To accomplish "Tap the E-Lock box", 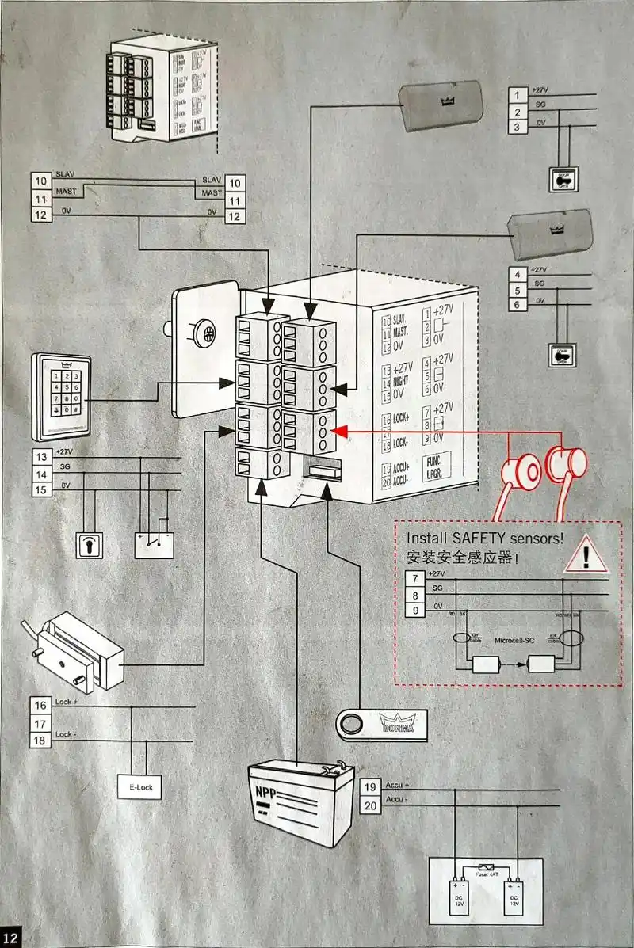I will coord(139,788).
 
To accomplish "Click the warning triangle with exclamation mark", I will coord(586,556).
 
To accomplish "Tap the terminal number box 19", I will coord(370,787).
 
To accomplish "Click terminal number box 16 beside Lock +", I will coord(41,705).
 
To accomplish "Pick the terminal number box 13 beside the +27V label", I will coord(41,457).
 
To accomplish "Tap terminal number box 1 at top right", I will coord(517,96).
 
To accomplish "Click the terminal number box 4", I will coord(517,275).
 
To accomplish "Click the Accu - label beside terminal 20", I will coord(395,799).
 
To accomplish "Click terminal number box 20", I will coord(370,806).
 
